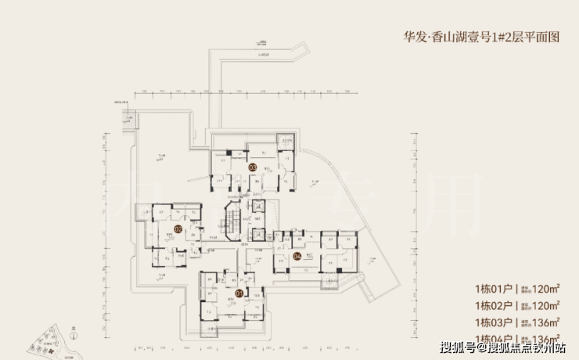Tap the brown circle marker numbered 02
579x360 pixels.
coord(178,229)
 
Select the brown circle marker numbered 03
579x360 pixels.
coord(253,167)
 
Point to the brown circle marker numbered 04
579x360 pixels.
coord(297,256)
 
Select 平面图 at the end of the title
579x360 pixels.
coord(545,35)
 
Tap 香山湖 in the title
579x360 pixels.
coord(457,35)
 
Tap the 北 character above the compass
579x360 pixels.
coord(73,329)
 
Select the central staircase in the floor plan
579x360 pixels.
coord(233,221)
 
